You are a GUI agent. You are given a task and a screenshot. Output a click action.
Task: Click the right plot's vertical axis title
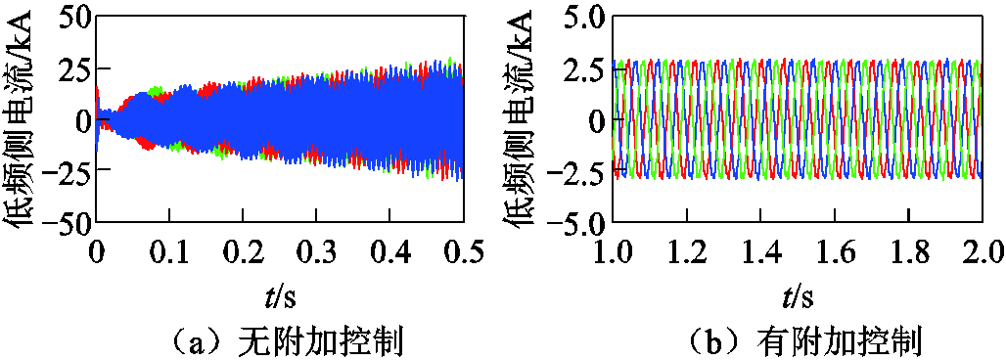coord(522,119)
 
